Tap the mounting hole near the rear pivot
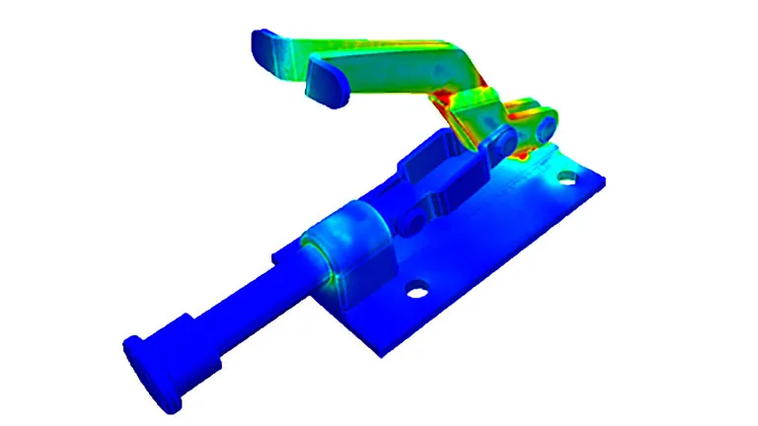[566, 178]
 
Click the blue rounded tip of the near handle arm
[329, 84]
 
